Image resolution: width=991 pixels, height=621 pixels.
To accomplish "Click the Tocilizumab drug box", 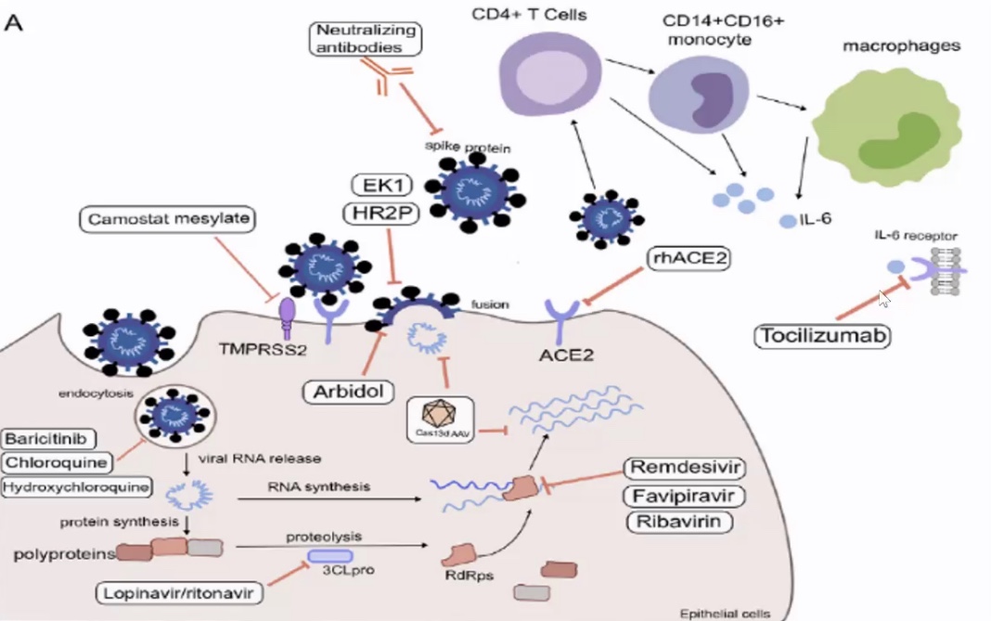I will click(822, 335).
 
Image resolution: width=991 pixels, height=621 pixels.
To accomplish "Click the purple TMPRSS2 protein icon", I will click(288, 310).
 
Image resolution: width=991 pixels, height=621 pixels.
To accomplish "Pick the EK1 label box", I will click(378, 183).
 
